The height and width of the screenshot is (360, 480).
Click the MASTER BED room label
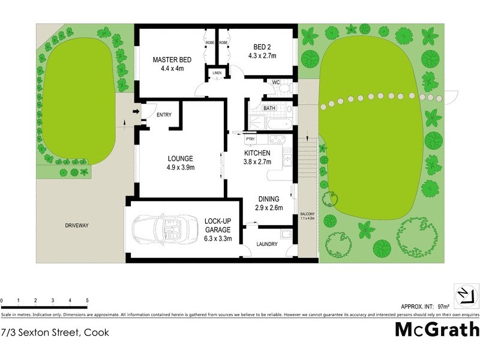pyautogui.click(x=172, y=59)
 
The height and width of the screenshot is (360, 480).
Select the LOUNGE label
pyautogui.click(x=181, y=158)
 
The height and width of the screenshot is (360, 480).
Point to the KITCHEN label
pyautogui.click(x=257, y=153)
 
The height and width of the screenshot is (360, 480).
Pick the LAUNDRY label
pyautogui.click(x=266, y=244)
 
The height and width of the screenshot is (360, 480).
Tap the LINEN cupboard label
pyautogui.click(x=217, y=73)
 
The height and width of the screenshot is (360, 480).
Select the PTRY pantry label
pyautogui.click(x=250, y=139)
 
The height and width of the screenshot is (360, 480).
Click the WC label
pyautogui.click(x=276, y=82)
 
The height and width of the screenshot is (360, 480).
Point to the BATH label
pyautogui.click(x=269, y=108)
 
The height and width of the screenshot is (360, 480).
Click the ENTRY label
pyautogui.click(x=164, y=115)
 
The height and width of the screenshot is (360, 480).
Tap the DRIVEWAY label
pyautogui.click(x=77, y=226)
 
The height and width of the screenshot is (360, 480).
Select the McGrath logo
pyautogui.click(x=437, y=329)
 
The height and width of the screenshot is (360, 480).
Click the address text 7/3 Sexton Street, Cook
pyautogui.click(x=55, y=332)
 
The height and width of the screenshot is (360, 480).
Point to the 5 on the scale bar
pyautogui.click(x=87, y=301)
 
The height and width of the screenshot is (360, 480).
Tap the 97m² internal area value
pyautogui.click(x=445, y=306)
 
